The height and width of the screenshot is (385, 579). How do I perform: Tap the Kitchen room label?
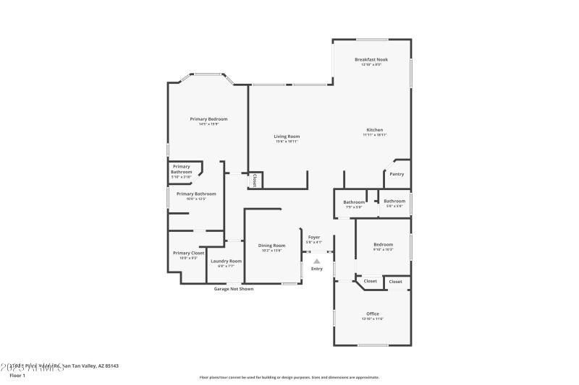374,130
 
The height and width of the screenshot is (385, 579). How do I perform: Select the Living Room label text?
287,136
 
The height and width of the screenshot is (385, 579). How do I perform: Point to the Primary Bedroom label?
208,118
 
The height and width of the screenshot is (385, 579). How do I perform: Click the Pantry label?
397,173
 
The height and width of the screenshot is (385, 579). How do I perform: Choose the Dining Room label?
272,246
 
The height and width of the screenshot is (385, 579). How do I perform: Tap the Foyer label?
314,237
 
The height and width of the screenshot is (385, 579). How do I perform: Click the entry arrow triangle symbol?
316,261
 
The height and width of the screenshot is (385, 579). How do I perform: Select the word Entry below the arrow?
317,269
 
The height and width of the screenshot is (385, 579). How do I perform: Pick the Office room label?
373,313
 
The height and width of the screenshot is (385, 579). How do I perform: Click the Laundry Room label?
226,261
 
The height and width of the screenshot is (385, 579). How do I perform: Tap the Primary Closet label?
188,253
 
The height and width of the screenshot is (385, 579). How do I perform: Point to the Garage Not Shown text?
234,289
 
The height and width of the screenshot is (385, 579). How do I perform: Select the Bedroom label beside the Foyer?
383,244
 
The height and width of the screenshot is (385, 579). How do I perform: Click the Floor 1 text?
17,376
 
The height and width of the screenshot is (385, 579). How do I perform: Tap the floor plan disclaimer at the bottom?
289,377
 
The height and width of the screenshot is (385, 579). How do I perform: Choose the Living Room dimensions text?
287,142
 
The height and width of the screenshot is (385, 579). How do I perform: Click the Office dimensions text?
373,319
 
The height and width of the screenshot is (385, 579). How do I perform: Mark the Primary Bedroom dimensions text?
208,124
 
